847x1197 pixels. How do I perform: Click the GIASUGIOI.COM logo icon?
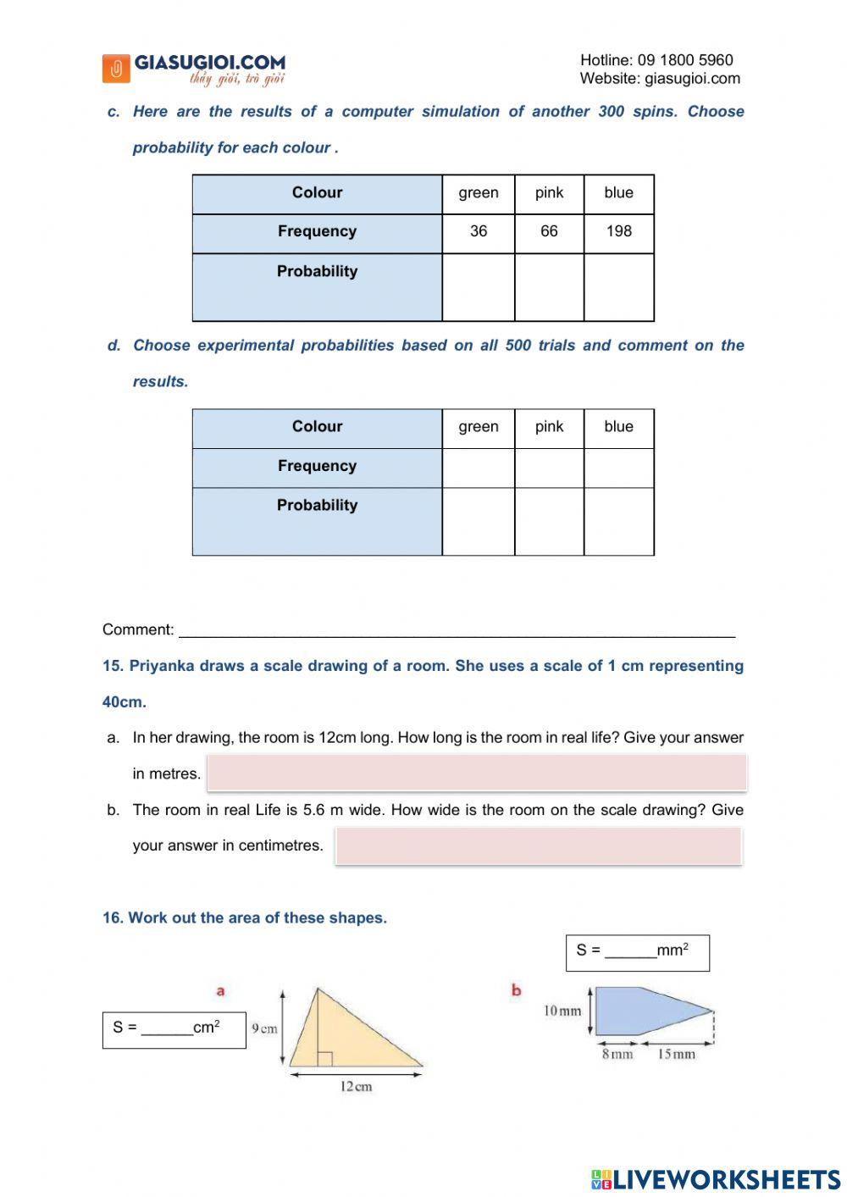coord(116,69)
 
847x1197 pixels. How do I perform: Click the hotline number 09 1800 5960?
coord(685,60)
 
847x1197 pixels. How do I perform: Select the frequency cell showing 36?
coord(479,231)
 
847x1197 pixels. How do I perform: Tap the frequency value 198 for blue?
coord(619,231)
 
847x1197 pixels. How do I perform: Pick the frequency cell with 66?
coord(549,231)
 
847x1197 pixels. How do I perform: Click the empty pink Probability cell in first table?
coord(549,286)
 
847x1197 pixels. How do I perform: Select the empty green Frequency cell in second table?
coord(479,468)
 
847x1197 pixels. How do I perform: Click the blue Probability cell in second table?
coord(619,521)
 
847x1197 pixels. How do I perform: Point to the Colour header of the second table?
coord(318,427)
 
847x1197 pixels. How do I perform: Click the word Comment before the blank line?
coord(137,629)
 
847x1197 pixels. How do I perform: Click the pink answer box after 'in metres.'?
coord(477,773)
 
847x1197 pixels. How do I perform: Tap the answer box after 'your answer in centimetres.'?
coord(539,845)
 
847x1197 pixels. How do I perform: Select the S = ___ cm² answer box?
coord(174,1029)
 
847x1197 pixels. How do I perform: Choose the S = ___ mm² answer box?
coord(637,952)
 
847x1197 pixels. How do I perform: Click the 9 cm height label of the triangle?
coord(264,1028)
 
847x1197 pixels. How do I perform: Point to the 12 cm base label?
coord(356,1087)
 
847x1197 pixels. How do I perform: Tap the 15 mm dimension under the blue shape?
coord(676,1055)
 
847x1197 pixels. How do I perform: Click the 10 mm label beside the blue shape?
coord(562,1011)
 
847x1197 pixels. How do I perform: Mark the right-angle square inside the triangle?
coord(324,1059)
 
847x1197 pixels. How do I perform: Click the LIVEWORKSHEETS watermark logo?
coord(716,1179)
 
